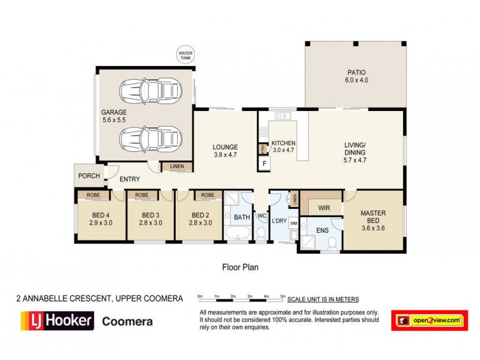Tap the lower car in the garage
(150, 139)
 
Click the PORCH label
(88, 176)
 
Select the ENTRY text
(130, 179)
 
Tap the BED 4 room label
(100, 218)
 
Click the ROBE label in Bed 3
(142, 195)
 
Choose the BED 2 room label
(201, 218)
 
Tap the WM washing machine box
(293, 223)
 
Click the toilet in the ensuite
(333, 243)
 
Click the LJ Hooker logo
(58, 320)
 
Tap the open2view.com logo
(429, 321)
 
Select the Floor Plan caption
(240, 268)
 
